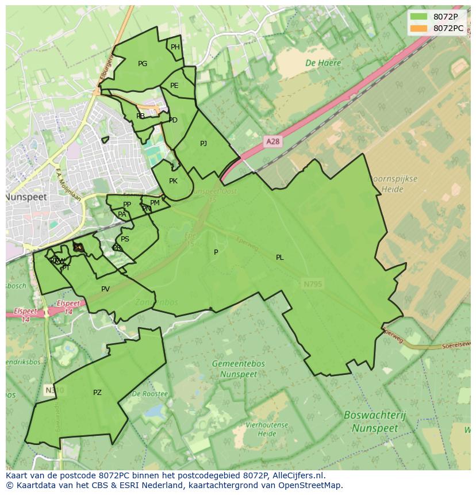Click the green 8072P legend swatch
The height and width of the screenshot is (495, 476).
click(x=419, y=17)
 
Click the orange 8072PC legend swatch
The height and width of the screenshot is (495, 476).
click(x=419, y=28)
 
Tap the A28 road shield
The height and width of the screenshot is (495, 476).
click(x=273, y=141)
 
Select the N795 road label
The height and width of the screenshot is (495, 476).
click(x=313, y=283)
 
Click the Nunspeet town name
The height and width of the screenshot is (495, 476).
click(x=26, y=197)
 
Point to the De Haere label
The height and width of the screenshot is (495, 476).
click(x=323, y=63)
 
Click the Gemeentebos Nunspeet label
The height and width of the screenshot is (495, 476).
click(x=239, y=369)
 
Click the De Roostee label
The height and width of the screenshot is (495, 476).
click(x=149, y=394)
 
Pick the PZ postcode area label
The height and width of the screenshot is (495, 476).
click(x=97, y=393)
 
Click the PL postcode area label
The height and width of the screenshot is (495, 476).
click(x=279, y=258)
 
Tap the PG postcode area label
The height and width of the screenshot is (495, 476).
click(x=143, y=64)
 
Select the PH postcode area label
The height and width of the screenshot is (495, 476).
click(x=175, y=47)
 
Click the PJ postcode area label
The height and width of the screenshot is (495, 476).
click(x=204, y=144)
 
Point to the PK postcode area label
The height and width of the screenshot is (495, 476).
click(x=173, y=181)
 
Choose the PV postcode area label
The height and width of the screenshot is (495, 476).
click(x=105, y=289)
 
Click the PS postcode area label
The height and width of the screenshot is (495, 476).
click(x=125, y=239)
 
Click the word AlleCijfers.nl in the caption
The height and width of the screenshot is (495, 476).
click(x=298, y=475)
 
